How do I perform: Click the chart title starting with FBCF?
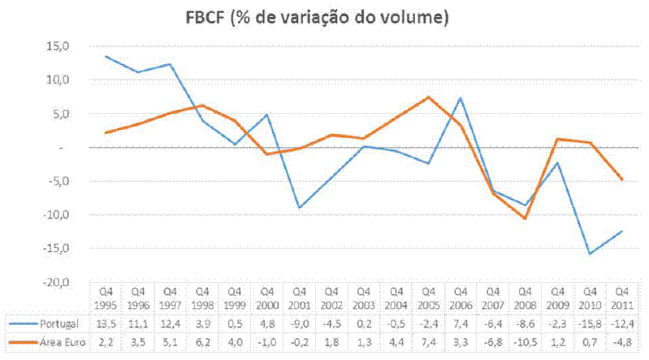click(324, 16)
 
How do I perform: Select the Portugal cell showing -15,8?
click(590, 323)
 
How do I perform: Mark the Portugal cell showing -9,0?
click(299, 323)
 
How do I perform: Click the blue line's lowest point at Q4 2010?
click(590, 254)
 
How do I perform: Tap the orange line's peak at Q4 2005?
click(428, 98)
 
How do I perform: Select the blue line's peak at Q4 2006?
click(461, 98)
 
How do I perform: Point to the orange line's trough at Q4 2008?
click(526, 219)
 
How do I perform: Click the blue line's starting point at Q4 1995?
click(106, 57)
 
